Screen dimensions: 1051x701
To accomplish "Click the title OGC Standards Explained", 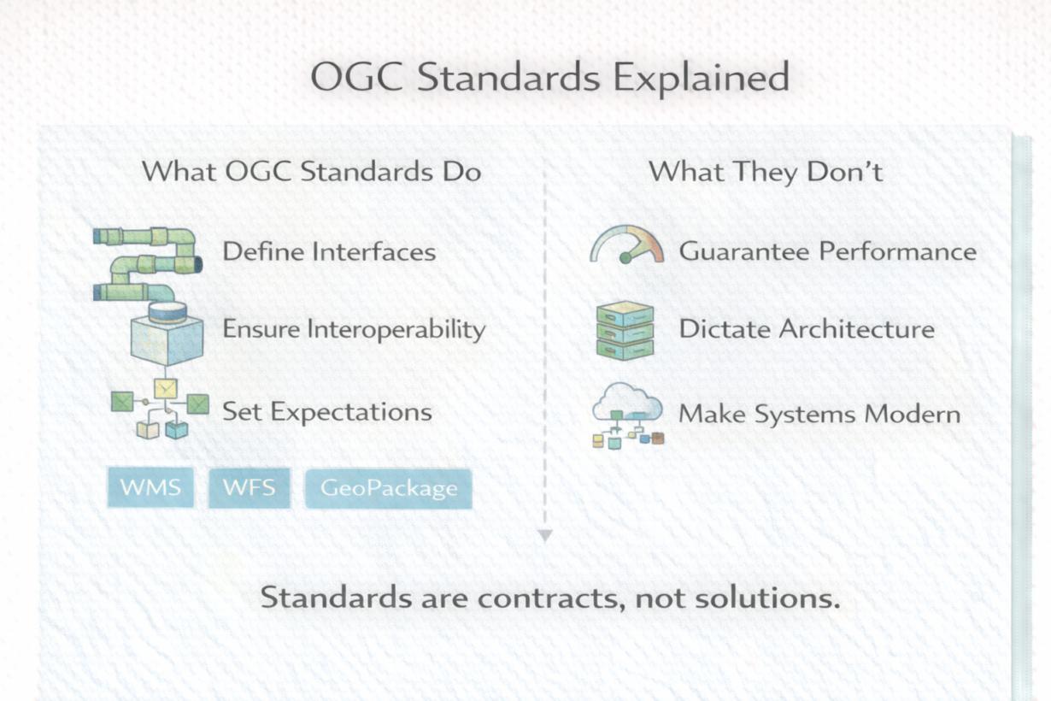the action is tap(550, 78).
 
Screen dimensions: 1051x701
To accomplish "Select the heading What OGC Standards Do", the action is tap(312, 171).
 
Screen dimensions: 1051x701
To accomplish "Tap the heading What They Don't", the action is tap(766, 172).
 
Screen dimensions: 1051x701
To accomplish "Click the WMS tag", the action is tap(150, 487).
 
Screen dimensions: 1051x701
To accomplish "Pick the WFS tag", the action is tap(250, 487).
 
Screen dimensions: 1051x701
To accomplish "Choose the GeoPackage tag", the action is tap(389, 488).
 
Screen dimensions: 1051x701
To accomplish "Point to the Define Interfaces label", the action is tap(329, 251).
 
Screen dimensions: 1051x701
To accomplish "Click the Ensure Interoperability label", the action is tap(354, 329).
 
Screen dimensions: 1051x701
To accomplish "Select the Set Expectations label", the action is tap(327, 413).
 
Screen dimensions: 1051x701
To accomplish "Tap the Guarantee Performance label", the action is tap(828, 251).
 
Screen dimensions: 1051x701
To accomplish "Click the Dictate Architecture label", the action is tap(807, 328).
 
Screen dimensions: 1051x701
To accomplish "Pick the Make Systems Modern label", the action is tap(819, 414).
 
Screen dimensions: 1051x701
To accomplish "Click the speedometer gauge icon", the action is tap(627, 244).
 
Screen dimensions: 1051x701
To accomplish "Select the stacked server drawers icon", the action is tap(625, 331).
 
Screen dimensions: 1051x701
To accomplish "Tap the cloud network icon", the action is tap(628, 415).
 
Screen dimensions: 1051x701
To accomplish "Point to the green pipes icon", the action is tap(149, 264).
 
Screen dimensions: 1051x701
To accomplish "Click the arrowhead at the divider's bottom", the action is tap(545, 535).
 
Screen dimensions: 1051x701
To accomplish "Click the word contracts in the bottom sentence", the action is tap(551, 598).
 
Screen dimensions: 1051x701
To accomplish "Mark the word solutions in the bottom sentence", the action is tap(766, 598).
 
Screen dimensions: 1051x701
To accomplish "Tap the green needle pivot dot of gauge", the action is tap(625, 258).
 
